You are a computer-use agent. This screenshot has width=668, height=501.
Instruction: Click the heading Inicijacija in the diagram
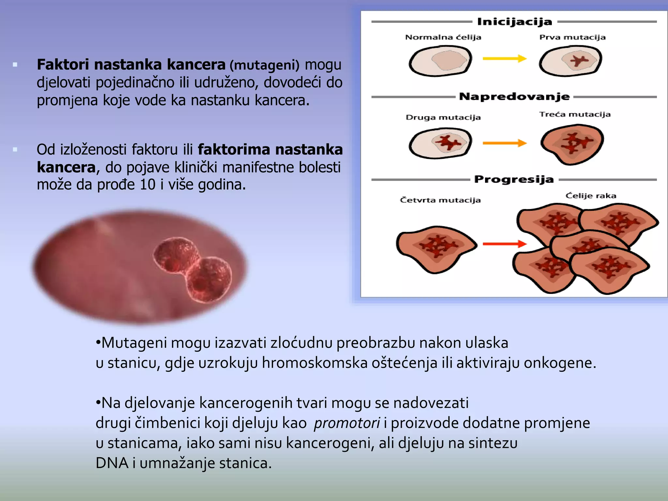tap(514, 22)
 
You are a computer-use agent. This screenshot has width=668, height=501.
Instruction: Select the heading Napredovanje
tap(514, 97)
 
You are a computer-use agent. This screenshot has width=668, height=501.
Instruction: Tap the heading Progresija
tap(514, 179)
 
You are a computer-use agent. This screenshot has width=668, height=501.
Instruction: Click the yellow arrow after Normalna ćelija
tap(504, 59)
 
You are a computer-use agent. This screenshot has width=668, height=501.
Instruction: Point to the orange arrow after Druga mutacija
tap(504, 143)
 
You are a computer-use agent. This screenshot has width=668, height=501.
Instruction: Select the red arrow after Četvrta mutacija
tap(504, 244)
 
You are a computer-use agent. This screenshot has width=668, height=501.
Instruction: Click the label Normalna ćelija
tap(443, 37)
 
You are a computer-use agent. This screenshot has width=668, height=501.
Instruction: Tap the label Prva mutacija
tap(572, 37)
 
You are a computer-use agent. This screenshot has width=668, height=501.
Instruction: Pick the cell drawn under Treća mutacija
tap(572, 144)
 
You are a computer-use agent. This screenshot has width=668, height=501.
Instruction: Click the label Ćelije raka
tap(591, 196)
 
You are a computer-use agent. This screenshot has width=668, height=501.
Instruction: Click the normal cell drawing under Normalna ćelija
tap(440, 61)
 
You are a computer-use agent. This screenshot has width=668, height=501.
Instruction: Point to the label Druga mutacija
tap(443, 117)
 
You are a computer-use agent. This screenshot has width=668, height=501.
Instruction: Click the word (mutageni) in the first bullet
tap(264, 65)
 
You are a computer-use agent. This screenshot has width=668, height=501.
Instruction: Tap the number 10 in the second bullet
tap(147, 185)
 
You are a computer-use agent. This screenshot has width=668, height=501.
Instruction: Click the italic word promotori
tap(347, 423)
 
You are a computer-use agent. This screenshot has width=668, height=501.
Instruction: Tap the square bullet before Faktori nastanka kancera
tap(15, 65)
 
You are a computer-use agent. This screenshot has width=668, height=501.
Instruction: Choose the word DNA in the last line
tap(112, 463)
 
